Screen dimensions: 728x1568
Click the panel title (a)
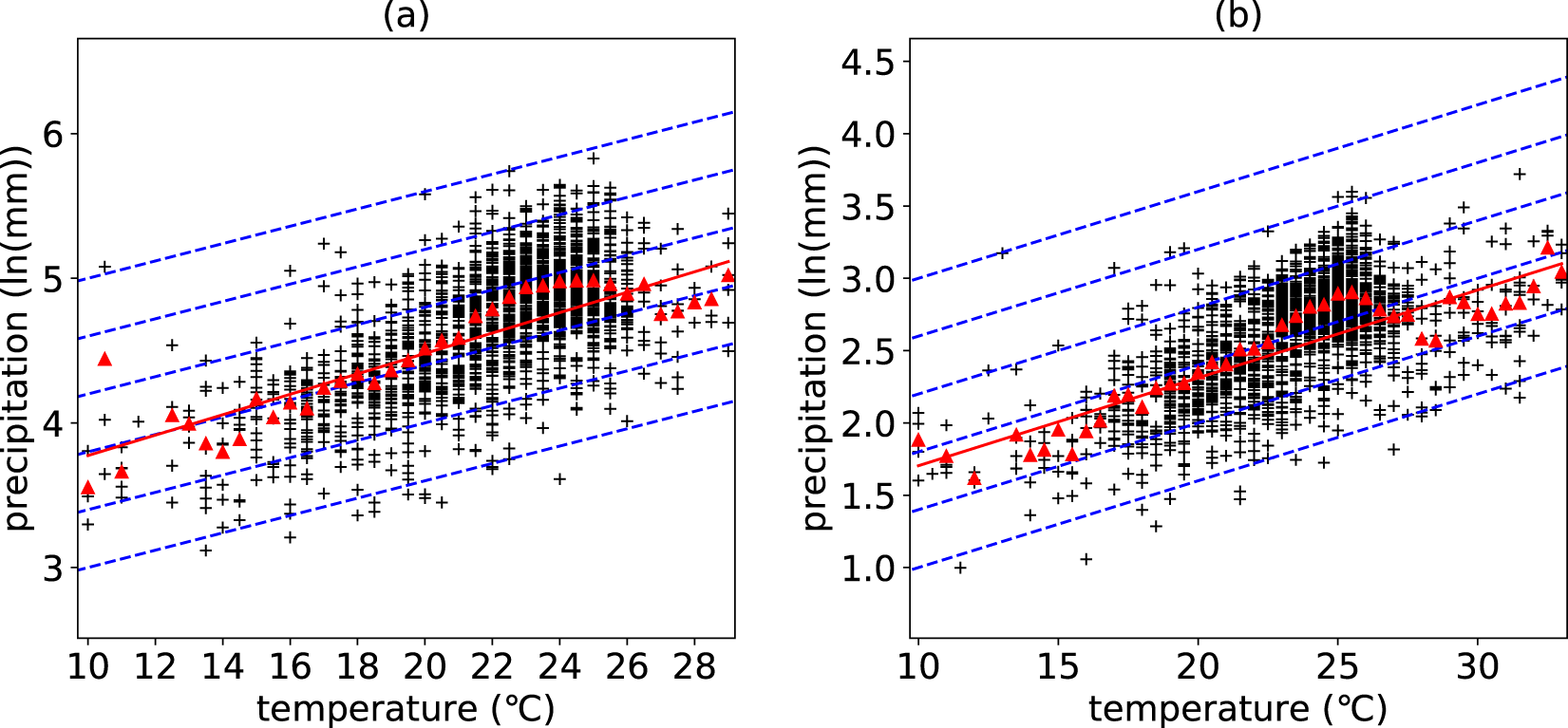click(406, 15)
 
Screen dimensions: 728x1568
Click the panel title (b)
click(1237, 15)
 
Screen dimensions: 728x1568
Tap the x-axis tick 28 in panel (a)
click(694, 666)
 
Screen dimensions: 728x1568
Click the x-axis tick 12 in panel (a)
click(155, 666)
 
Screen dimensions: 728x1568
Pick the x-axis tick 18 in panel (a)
click(357, 666)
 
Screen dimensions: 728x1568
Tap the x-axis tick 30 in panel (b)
click(1478, 666)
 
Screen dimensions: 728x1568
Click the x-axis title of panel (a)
click(406, 708)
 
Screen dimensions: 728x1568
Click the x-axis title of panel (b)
click(1237, 708)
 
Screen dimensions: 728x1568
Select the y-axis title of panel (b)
click(816, 338)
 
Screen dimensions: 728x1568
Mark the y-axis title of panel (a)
click(18, 338)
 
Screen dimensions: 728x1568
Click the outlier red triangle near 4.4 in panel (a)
click(104, 359)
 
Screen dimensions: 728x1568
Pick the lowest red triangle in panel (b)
click(973, 478)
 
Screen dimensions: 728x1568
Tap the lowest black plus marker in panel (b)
click(960, 568)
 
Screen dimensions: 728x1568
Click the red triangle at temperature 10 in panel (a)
click(88, 488)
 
